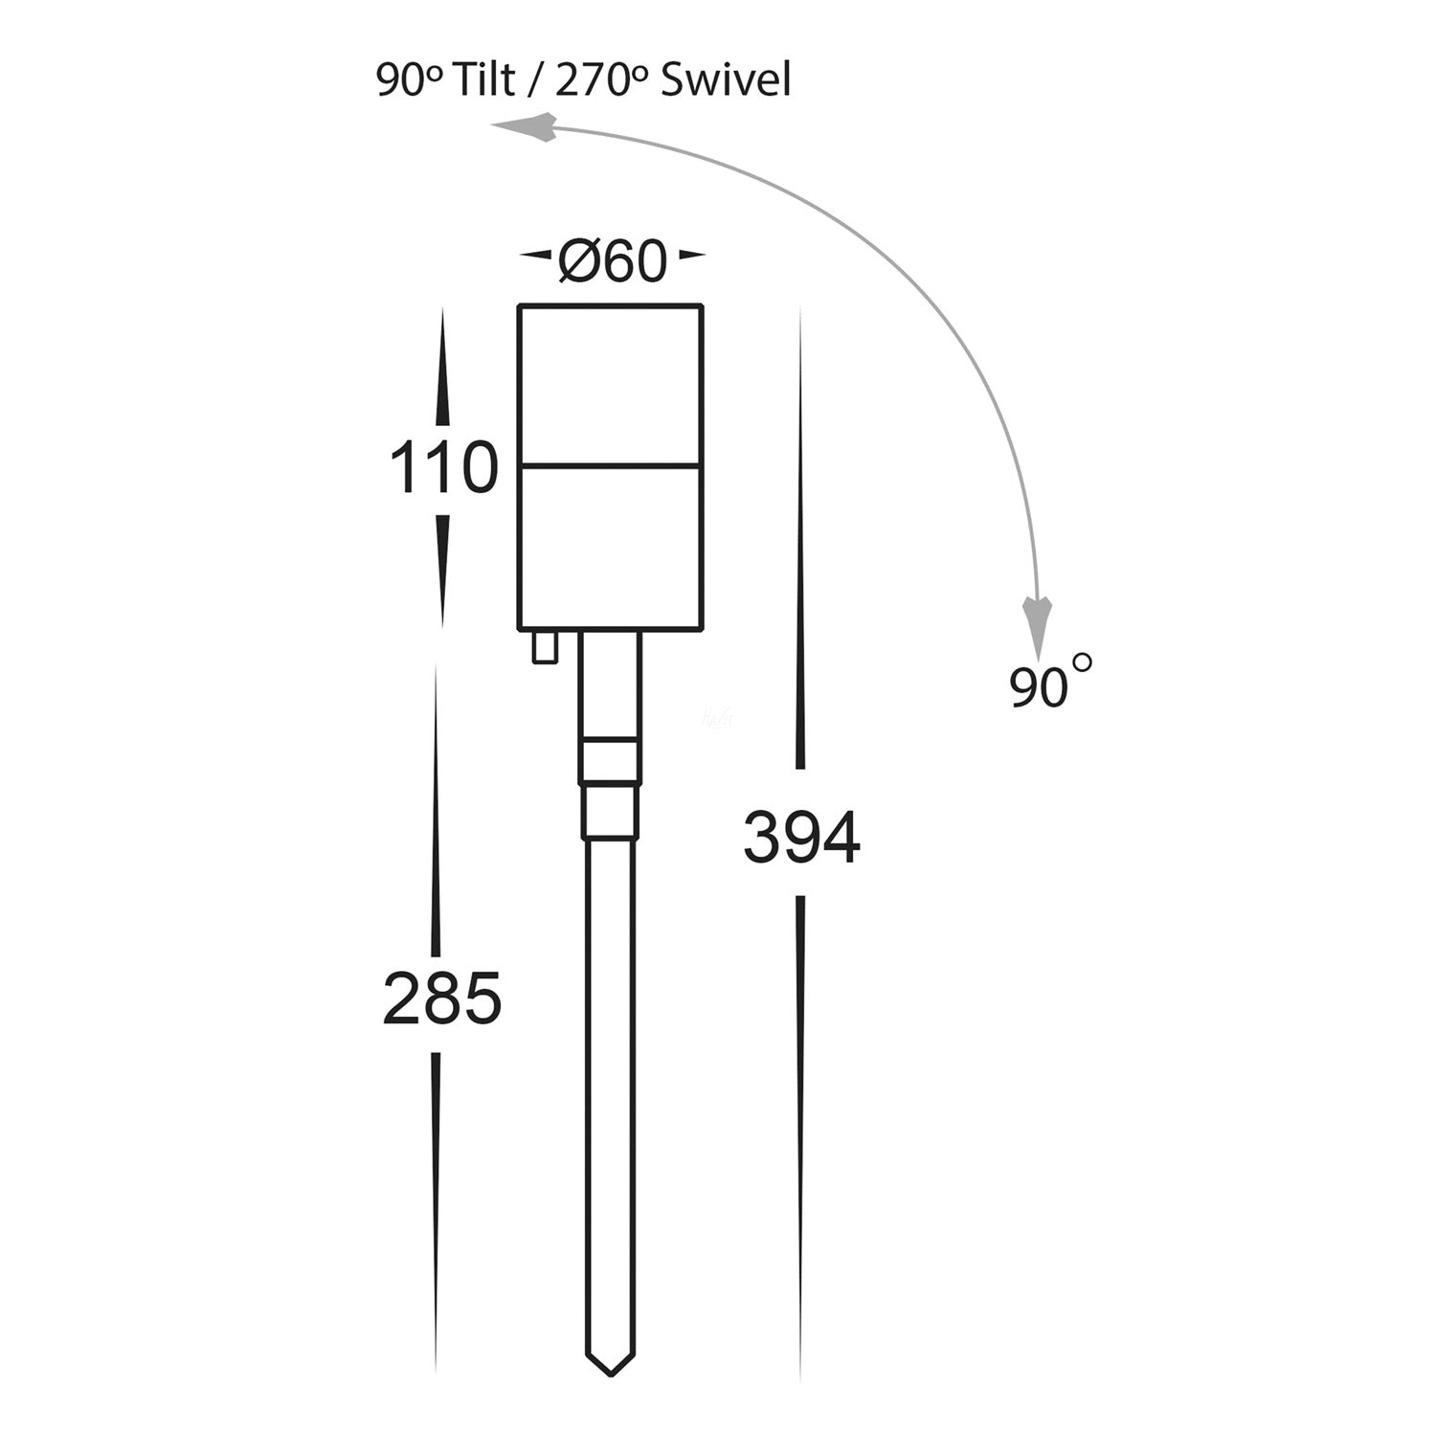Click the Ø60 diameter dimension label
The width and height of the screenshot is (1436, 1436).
click(612, 259)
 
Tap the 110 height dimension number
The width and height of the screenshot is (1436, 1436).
click(443, 468)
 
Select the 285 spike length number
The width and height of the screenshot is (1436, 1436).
click(442, 998)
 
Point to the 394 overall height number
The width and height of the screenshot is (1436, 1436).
click(802, 837)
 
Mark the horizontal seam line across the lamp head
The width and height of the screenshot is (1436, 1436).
click(611, 466)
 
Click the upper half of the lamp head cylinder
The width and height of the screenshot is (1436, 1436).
click(611, 385)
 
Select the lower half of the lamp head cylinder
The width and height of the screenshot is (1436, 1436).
click(611, 549)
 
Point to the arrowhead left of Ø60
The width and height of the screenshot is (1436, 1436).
click(537, 256)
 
